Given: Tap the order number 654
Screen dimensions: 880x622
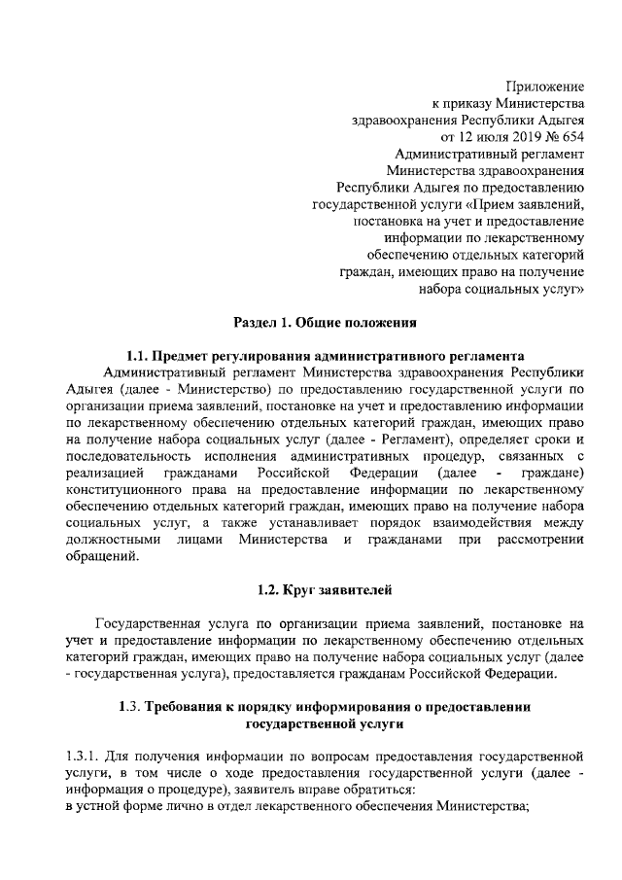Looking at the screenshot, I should pos(570,137).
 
